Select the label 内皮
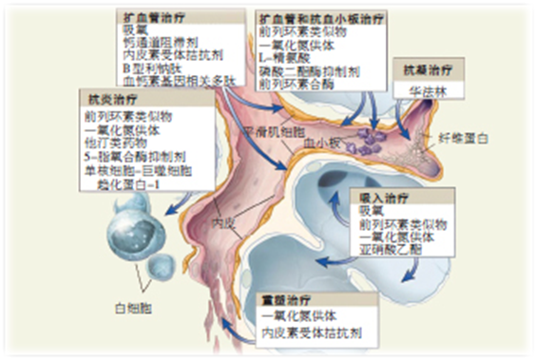(x=222, y=224)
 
